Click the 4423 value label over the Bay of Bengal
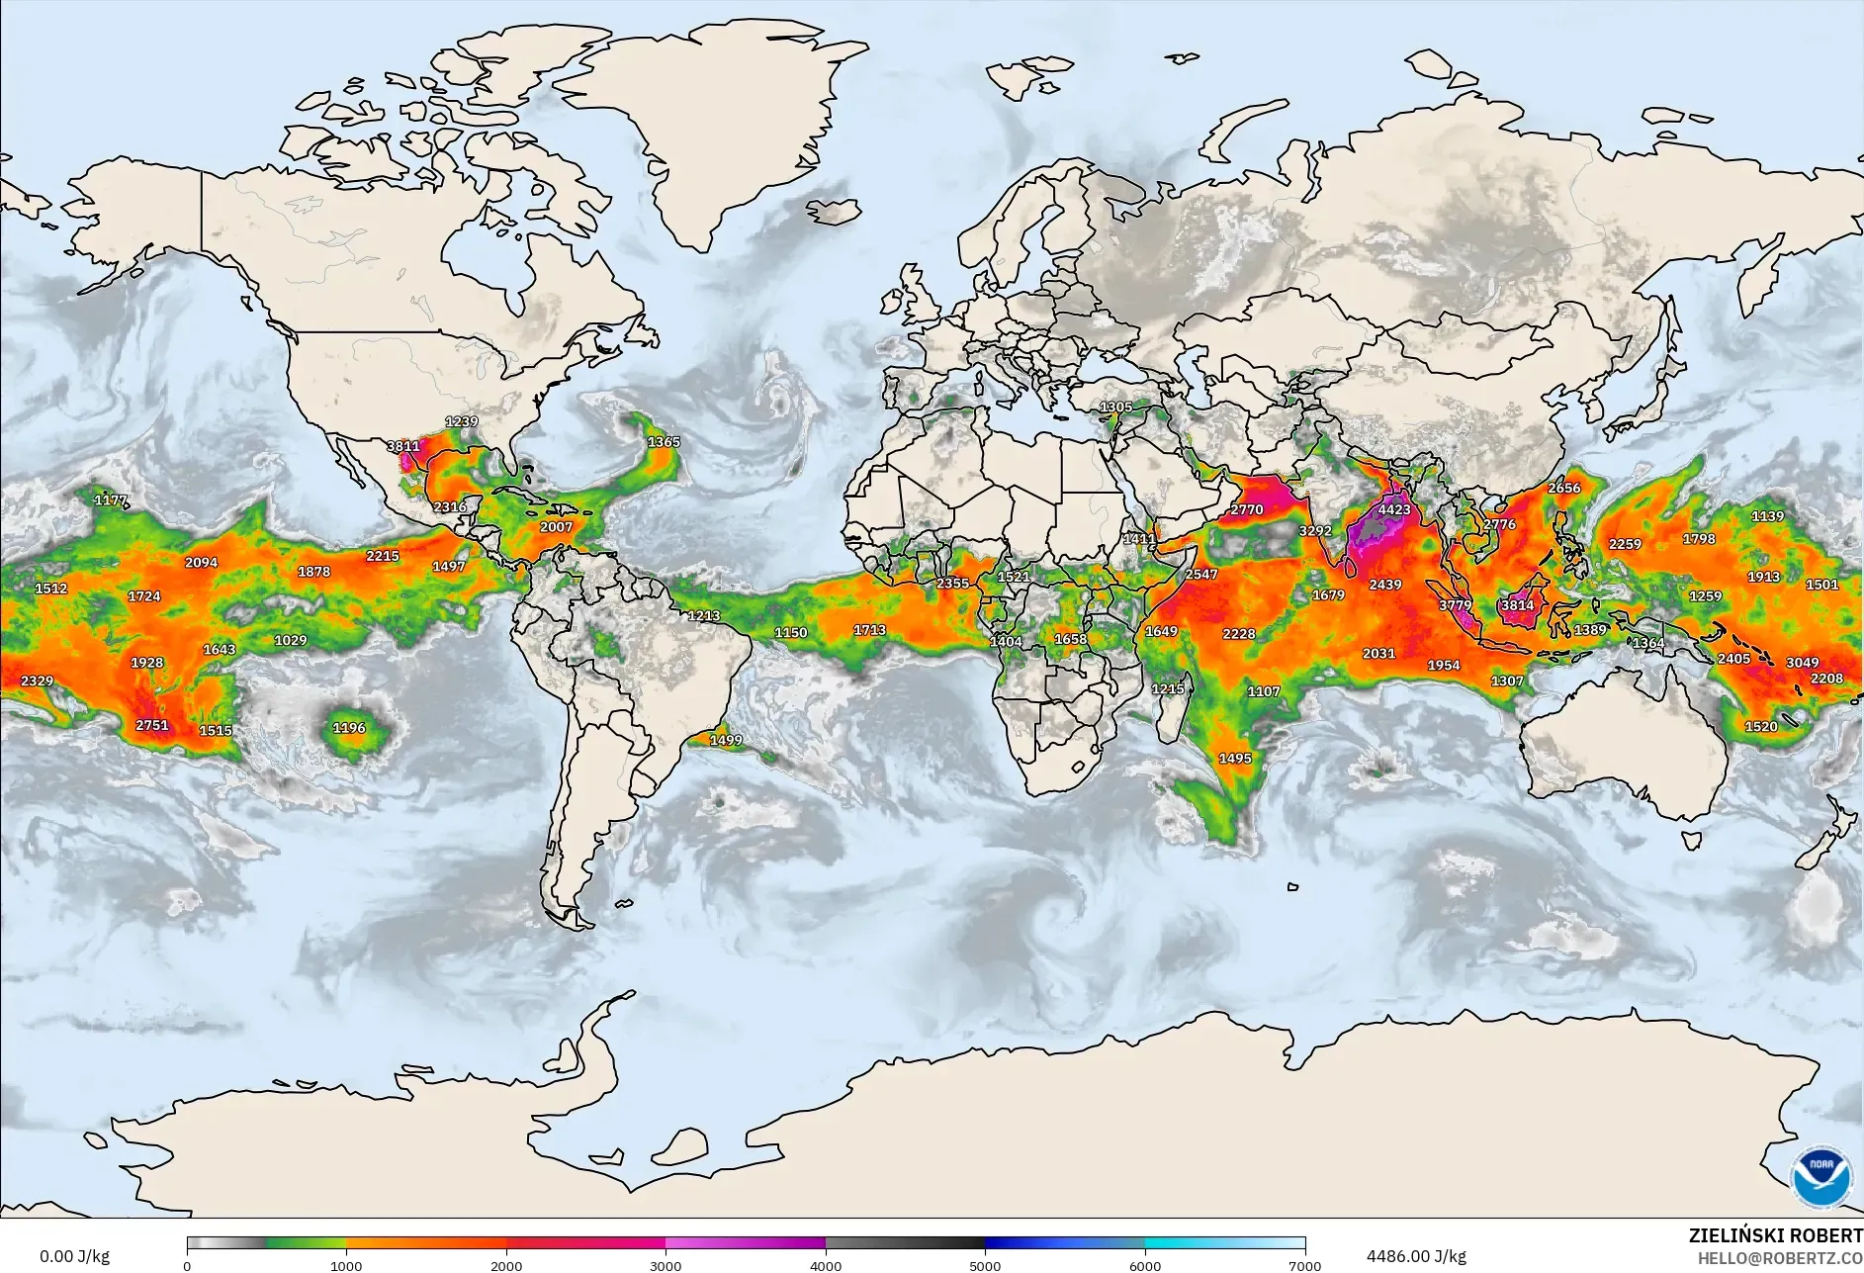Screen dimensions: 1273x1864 point(1394,509)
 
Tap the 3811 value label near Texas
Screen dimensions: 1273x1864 point(402,446)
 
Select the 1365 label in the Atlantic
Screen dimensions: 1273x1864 point(664,442)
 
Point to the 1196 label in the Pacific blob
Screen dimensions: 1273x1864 point(349,728)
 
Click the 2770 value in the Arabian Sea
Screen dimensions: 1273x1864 point(1247,509)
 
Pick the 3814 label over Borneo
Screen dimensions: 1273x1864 point(1517,605)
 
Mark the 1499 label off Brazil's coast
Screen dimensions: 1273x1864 point(726,740)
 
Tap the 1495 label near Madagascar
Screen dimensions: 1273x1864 point(1235,759)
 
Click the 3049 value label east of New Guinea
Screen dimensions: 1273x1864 point(1802,663)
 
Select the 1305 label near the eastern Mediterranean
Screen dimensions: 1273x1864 point(1116,407)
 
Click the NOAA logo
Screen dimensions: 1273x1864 point(1821,1176)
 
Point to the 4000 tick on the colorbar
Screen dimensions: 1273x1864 point(826,1265)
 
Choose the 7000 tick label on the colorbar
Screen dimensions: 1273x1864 point(1304,1265)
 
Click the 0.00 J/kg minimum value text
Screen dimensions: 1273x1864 point(74,1256)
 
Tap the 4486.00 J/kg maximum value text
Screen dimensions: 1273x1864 point(1416,1256)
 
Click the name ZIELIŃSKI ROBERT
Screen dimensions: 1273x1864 point(1775,1235)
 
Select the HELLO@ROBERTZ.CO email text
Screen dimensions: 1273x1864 point(1780,1258)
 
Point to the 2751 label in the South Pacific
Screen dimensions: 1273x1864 point(152,725)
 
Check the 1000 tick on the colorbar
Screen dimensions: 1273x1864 point(346,1265)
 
